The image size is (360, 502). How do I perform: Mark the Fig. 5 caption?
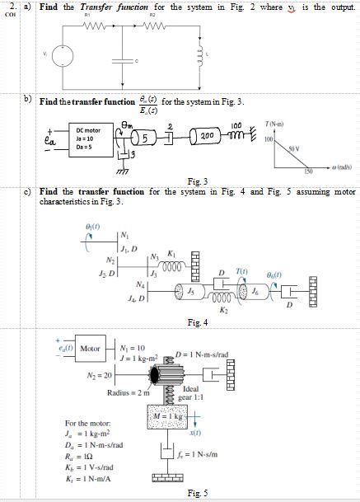click(x=198, y=493)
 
